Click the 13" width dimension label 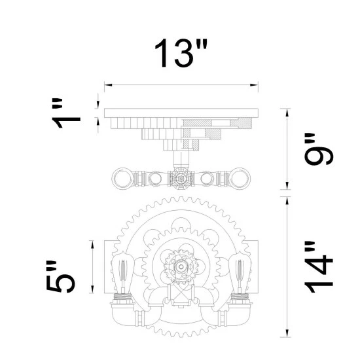tap(181, 53)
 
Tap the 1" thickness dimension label tap(66, 113)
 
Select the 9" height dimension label tap(319, 149)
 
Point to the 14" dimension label tap(319, 267)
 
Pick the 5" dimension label tap(61, 277)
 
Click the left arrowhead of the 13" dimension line tap(108, 85)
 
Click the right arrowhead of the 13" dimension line tap(254, 85)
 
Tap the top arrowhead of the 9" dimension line tap(287, 113)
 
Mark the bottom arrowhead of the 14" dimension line tap(287, 333)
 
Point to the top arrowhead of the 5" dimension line tap(92, 245)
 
